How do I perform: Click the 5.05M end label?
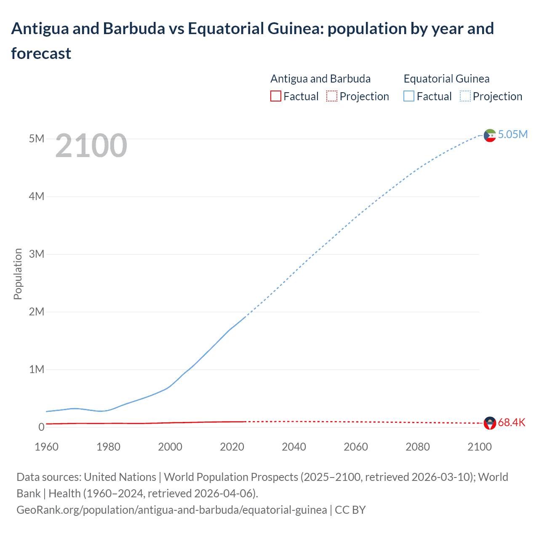(x=512, y=135)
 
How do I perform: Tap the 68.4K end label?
(x=512, y=423)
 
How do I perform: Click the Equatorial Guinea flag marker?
(x=490, y=135)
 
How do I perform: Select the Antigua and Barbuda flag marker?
(x=490, y=423)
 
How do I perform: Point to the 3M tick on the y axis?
(x=37, y=254)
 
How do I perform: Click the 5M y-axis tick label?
(x=37, y=139)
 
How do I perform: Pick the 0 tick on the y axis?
(x=41, y=427)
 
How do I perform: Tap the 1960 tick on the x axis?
(x=46, y=447)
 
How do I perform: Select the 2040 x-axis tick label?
(x=294, y=447)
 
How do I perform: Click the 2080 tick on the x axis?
(x=418, y=447)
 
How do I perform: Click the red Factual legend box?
(x=276, y=96)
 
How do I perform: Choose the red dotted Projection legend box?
(x=332, y=96)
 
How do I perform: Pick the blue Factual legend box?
(x=409, y=96)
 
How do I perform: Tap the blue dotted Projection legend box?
(x=465, y=96)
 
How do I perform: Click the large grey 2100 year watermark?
(x=91, y=146)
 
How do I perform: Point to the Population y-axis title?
(x=18, y=274)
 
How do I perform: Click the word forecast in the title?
(x=41, y=53)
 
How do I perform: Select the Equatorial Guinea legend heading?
(x=446, y=79)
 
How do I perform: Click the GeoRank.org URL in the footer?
(x=172, y=510)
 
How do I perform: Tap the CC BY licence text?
(x=350, y=510)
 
